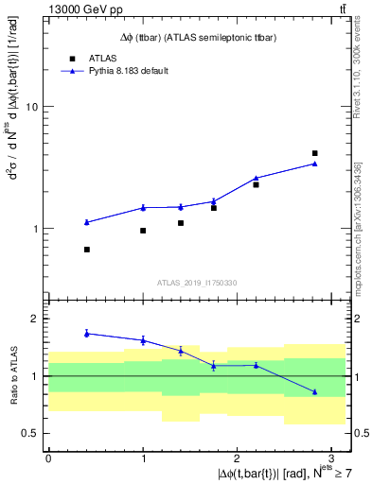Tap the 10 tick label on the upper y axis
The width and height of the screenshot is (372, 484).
(30, 107)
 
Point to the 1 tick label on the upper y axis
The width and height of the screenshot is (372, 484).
(34, 229)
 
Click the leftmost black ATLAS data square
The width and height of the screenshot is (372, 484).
(86, 250)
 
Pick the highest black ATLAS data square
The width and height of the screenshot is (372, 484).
(314, 153)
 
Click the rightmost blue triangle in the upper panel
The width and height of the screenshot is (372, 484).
(314, 164)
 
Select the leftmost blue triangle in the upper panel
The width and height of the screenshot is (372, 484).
(86, 222)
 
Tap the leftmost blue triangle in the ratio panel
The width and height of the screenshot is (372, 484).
(86, 333)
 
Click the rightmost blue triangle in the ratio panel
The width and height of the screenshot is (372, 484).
(314, 391)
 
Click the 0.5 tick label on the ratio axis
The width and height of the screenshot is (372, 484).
(30, 433)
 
